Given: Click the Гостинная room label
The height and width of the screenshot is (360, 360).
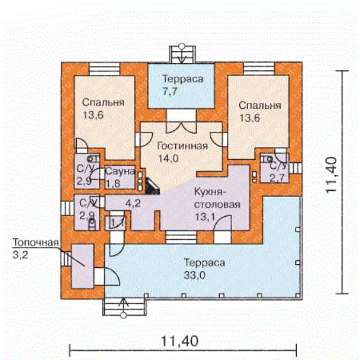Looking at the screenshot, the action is click(x=182, y=146).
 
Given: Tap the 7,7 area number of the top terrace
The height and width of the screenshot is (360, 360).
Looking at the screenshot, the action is click(x=170, y=91).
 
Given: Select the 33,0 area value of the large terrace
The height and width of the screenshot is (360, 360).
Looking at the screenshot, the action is click(x=194, y=276).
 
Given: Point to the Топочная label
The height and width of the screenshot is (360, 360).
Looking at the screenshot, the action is click(x=36, y=242).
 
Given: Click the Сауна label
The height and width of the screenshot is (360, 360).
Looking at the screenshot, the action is click(x=120, y=171).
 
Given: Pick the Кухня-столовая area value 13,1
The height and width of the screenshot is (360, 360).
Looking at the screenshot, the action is click(x=205, y=217).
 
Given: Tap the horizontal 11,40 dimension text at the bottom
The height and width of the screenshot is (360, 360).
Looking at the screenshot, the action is click(x=180, y=341).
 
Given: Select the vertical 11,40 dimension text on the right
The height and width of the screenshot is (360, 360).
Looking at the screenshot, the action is click(x=331, y=175).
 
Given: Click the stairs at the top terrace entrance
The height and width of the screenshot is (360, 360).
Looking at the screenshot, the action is click(x=182, y=54).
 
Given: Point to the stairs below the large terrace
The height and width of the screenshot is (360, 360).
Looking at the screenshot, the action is click(x=124, y=307).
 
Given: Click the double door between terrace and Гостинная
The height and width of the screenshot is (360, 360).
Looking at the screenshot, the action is click(x=182, y=122).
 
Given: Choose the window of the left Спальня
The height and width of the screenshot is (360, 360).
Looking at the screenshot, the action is click(x=104, y=68).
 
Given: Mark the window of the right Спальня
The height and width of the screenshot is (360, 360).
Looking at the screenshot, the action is click(x=259, y=68).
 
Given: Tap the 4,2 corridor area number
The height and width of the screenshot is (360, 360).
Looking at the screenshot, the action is click(x=133, y=203).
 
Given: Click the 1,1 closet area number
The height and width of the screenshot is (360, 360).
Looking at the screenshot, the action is click(x=118, y=223).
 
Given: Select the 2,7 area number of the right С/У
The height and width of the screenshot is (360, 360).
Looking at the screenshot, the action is click(x=277, y=178).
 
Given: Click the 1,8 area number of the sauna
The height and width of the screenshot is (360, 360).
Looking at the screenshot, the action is click(x=113, y=184).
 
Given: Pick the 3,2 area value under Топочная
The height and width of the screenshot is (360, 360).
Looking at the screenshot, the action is click(x=20, y=255).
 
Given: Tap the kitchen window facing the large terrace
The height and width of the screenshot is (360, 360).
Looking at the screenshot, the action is click(x=181, y=237).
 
